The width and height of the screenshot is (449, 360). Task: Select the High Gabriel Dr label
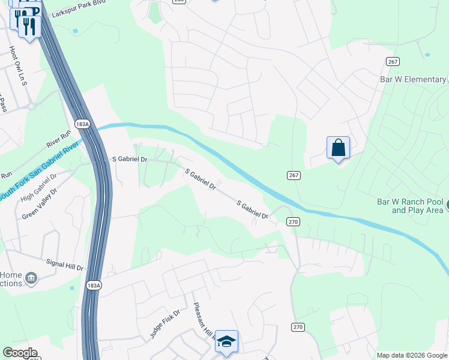[x=38, y=187]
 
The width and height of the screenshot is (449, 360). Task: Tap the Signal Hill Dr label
[x=64, y=264]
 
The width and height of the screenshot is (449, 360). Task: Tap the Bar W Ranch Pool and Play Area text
[x=410, y=206]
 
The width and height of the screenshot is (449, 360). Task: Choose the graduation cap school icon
[x=226, y=341]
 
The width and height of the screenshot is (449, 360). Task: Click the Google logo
[x=20, y=353]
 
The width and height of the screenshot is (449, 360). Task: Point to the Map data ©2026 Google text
[x=411, y=355]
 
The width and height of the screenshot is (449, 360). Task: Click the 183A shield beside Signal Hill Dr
[x=93, y=284]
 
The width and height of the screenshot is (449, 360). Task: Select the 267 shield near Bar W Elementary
[x=393, y=62]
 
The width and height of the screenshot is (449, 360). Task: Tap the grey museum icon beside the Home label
[x=31, y=278]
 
